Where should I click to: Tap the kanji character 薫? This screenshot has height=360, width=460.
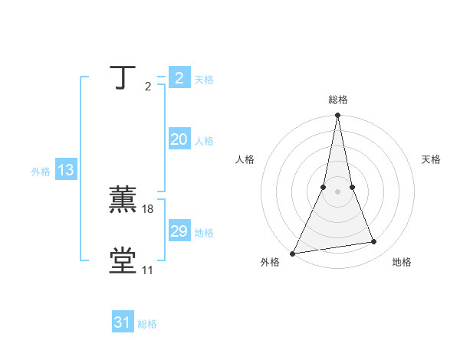pyautogui.click(x=123, y=200)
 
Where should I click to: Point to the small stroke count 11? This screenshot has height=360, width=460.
pyautogui.click(x=147, y=270)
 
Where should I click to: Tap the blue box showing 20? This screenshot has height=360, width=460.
pyautogui.click(x=179, y=139)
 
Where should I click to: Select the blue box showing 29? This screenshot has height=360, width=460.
pyautogui.click(x=179, y=231)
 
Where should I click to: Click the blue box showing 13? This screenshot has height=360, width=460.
pyautogui.click(x=66, y=171)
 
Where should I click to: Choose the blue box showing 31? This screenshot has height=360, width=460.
pyautogui.click(x=123, y=322)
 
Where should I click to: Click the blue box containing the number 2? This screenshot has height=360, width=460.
pyautogui.click(x=179, y=78)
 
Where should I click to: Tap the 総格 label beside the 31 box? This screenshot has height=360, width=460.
pyautogui.click(x=147, y=324)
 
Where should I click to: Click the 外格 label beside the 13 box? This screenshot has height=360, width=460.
pyautogui.click(x=41, y=172)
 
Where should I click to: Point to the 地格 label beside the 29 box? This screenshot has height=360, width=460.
pyautogui.click(x=204, y=233)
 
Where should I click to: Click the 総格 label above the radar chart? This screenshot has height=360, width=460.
pyautogui.click(x=338, y=100)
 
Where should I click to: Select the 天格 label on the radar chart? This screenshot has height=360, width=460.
pyautogui.click(x=432, y=159)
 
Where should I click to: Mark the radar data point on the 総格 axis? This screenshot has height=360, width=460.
pyautogui.click(x=338, y=116)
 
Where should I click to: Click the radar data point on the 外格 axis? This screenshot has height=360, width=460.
pyautogui.click(x=292, y=254)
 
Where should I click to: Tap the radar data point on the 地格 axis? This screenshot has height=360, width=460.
pyautogui.click(x=374, y=242)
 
